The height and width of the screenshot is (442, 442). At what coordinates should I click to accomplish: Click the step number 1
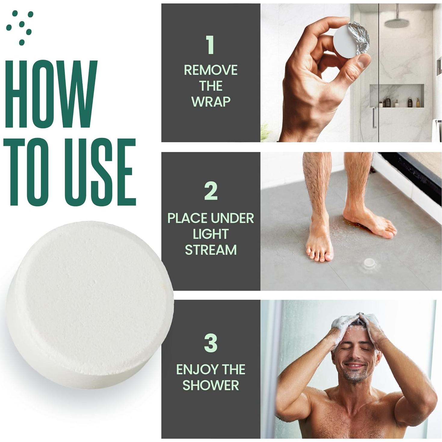point(210,45)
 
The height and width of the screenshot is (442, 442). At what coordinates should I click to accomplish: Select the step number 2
point(211,191)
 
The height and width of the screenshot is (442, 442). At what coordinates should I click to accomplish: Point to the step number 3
point(211,343)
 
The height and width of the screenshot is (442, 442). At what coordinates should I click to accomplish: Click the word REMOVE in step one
point(211,70)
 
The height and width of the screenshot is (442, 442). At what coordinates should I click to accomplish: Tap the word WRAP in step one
point(211,102)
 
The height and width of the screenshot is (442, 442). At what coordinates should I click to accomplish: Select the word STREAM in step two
point(211,250)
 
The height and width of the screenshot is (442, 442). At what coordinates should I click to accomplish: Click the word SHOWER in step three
point(211,385)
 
